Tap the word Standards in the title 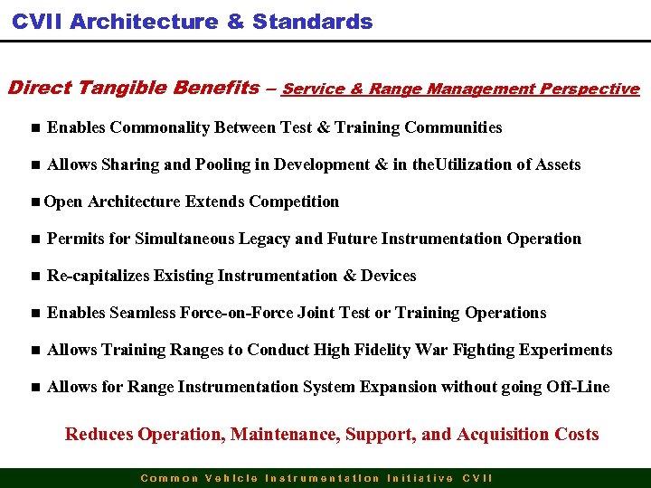pyautogui.click(x=313, y=22)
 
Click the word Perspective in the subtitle pyautogui.click(x=590, y=89)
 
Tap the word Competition pyautogui.click(x=294, y=202)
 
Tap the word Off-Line pyautogui.click(x=578, y=387)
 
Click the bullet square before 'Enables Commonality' pyautogui.click(x=34, y=128)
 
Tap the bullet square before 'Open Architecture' pyautogui.click(x=33, y=202)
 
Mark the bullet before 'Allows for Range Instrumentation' pyautogui.click(x=34, y=388)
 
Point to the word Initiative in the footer pyautogui.click(x=420, y=478)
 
